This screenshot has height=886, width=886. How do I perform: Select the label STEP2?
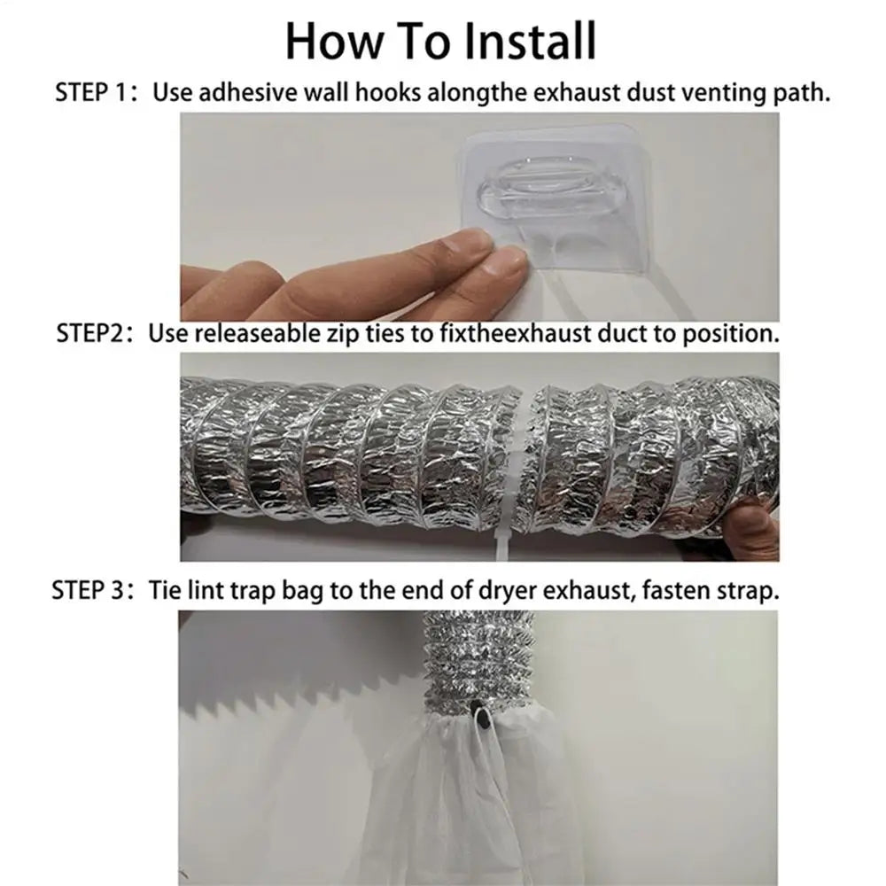(x=91, y=334)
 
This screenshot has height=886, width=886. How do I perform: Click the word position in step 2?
(x=734, y=335)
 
